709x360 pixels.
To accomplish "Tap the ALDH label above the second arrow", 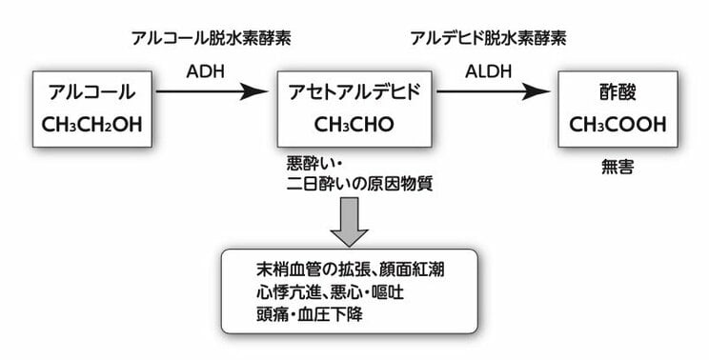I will pyautogui.click(x=485, y=71).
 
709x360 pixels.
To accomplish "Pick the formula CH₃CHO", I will pyautogui.click(x=353, y=124).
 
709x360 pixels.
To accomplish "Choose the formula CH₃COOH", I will pyautogui.click(x=618, y=124).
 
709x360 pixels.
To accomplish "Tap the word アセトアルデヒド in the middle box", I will pyautogui.click(x=353, y=92).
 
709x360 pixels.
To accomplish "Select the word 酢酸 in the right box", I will pyautogui.click(x=618, y=92).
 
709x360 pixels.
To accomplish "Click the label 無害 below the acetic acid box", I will pyautogui.click(x=618, y=166).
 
